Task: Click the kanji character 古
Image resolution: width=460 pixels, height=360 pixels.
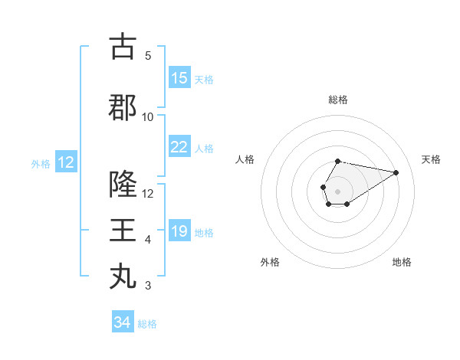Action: [x=123, y=46]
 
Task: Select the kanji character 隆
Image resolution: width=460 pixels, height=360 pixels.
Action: [x=123, y=184]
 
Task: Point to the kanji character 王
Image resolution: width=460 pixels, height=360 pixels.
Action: [x=123, y=230]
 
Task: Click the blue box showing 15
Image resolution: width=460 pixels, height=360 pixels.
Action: [x=179, y=78]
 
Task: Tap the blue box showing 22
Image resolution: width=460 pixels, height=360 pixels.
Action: [x=179, y=147]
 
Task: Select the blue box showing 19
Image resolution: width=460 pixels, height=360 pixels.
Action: [x=179, y=232]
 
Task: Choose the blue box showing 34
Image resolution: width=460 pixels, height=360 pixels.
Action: [x=123, y=322]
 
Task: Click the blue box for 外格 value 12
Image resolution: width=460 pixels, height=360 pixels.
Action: [x=65, y=162]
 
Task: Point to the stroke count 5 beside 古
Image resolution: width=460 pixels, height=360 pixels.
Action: [x=148, y=56]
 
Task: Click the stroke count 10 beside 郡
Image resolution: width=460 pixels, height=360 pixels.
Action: [x=148, y=117]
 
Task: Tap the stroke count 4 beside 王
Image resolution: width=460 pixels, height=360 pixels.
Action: [x=148, y=240]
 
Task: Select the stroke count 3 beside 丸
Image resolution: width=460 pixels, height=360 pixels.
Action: [x=148, y=286]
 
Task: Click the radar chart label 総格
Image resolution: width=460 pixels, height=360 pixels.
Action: [x=338, y=100]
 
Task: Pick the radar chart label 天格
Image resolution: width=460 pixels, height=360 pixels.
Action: [x=432, y=159]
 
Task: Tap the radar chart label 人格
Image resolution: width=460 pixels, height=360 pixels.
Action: [x=245, y=159]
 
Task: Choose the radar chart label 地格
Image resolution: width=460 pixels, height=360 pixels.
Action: [x=402, y=262]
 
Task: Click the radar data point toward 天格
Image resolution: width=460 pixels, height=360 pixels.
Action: [x=396, y=172]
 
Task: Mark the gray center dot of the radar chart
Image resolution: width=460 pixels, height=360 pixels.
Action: [x=337, y=190]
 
